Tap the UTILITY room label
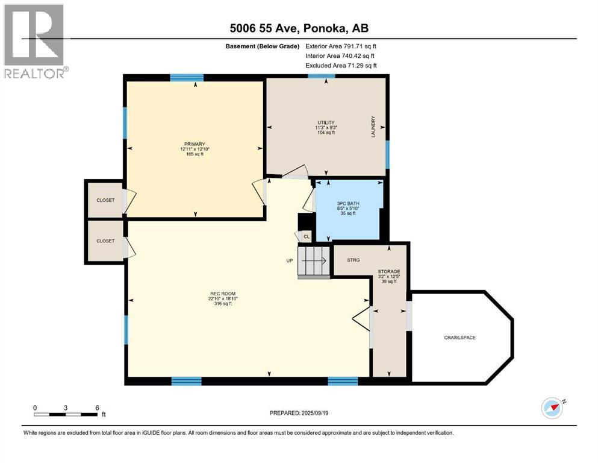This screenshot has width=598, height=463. coord(325,122)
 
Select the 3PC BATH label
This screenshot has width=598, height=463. coord(349,204)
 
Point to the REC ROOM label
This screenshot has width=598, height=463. coord(219,294)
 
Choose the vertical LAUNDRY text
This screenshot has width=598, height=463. coord(373,127)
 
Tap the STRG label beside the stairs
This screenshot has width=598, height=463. coord(353,260)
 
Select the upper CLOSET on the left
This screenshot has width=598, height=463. coord(105,200)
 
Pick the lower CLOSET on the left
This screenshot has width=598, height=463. coord(105,241)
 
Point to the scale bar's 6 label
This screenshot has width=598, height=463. coord(97,408)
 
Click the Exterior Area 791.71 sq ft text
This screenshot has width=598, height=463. coord(341,46)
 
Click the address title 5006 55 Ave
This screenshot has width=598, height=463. coord(299,29)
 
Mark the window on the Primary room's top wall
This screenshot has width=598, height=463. coord(186,77)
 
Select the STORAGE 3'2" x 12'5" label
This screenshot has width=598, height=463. coord(388,276)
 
